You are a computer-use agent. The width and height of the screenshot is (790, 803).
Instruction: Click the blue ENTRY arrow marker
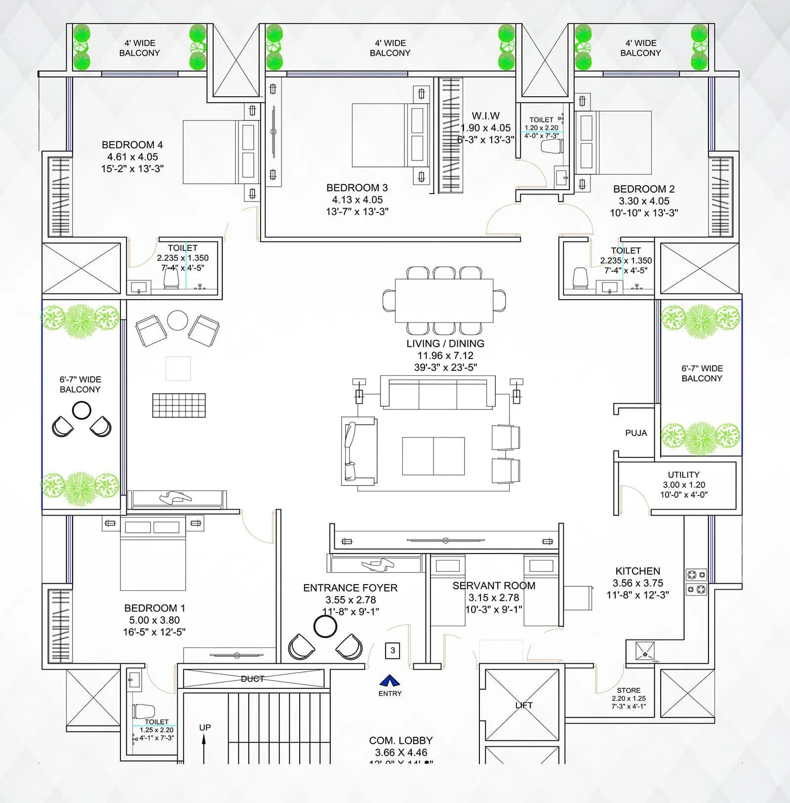pos(390,681)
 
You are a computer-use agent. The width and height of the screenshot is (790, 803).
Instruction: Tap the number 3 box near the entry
pos(393,650)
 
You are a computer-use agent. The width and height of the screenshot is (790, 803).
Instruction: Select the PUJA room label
pos(636,433)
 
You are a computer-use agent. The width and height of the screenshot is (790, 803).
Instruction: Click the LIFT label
pos(523,705)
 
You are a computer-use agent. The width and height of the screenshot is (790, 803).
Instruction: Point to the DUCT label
pos(252,679)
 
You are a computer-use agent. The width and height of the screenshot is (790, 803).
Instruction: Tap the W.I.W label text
pos(485,116)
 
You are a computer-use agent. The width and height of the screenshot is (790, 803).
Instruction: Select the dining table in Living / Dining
pos(444,301)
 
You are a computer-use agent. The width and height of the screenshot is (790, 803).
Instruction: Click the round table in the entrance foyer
pos(325,627)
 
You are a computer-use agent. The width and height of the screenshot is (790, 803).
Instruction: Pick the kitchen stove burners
pos(696,582)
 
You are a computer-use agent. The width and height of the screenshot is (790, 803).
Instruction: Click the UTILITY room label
pos(683,475)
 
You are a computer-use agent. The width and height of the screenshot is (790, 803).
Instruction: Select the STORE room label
pos(629,690)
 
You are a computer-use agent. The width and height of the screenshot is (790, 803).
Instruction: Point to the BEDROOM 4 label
pos(132,145)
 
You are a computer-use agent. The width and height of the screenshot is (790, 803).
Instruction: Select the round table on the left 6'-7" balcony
pos(81,410)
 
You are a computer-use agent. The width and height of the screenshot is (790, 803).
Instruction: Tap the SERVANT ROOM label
pos(494,586)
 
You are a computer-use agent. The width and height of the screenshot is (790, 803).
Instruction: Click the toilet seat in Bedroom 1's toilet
pos(144,712)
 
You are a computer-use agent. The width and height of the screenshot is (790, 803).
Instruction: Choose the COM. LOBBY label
pos(400,741)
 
